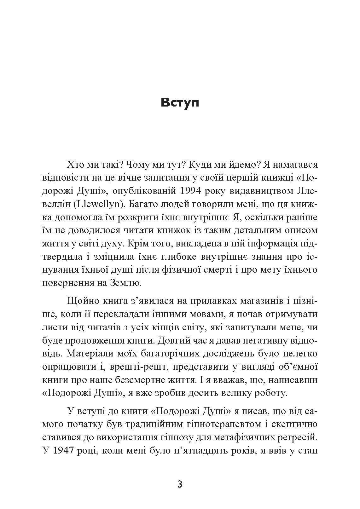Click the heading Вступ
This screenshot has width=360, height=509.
[x=180, y=103]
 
